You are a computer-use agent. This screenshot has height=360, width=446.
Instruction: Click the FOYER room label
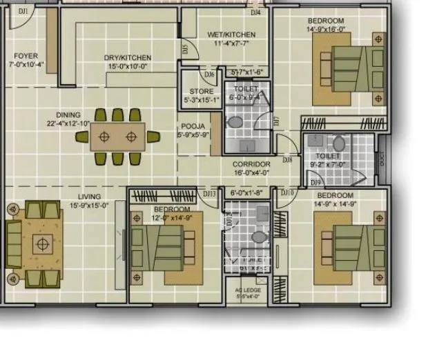click(x=26, y=56)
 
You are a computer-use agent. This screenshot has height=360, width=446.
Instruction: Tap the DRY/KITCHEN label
click(x=128, y=58)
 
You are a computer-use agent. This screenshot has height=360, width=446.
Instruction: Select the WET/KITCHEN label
click(x=231, y=34)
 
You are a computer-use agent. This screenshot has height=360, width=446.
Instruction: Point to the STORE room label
click(x=201, y=92)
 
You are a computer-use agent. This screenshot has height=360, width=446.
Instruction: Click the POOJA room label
click(x=193, y=126)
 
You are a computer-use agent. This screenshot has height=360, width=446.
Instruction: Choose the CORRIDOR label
click(x=251, y=165)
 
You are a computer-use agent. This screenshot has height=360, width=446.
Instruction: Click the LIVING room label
click(x=89, y=197)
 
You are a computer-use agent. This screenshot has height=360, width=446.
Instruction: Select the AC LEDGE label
click(x=248, y=290)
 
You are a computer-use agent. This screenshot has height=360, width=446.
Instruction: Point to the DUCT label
click(x=382, y=157)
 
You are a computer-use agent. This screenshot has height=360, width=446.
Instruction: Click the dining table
click(x=117, y=137)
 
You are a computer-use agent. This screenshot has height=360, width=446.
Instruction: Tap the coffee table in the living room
click(x=43, y=243)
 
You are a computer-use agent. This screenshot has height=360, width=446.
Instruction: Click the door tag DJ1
click(x=23, y=11)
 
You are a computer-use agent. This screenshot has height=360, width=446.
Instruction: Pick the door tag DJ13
click(x=209, y=194)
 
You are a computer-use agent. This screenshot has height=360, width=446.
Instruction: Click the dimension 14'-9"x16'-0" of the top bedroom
click(x=326, y=30)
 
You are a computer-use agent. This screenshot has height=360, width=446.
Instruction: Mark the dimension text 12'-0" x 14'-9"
click(x=172, y=217)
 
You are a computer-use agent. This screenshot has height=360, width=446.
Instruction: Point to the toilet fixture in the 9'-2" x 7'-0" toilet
click(x=338, y=145)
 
